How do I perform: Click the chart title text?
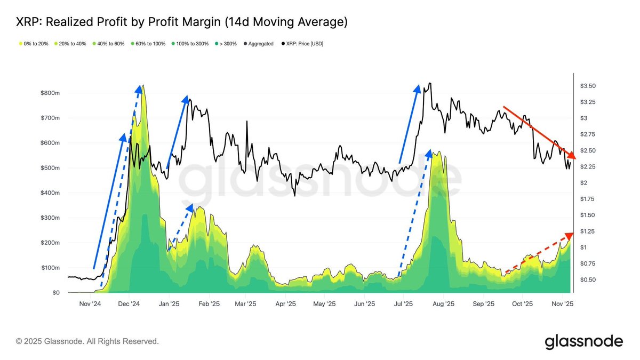[x=181, y=22]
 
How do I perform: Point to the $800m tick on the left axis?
[x=50, y=93]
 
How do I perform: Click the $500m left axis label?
[x=50, y=168]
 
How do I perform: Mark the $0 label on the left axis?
[x=55, y=293]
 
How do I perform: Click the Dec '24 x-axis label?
[x=129, y=304]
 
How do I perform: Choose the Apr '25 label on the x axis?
[x=285, y=304]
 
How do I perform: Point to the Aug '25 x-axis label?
[x=443, y=304]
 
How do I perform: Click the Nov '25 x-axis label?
[x=562, y=304]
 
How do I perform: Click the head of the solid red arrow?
[x=573, y=157]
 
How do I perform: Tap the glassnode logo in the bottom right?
[x=583, y=341]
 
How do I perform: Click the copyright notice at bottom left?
[x=87, y=341]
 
